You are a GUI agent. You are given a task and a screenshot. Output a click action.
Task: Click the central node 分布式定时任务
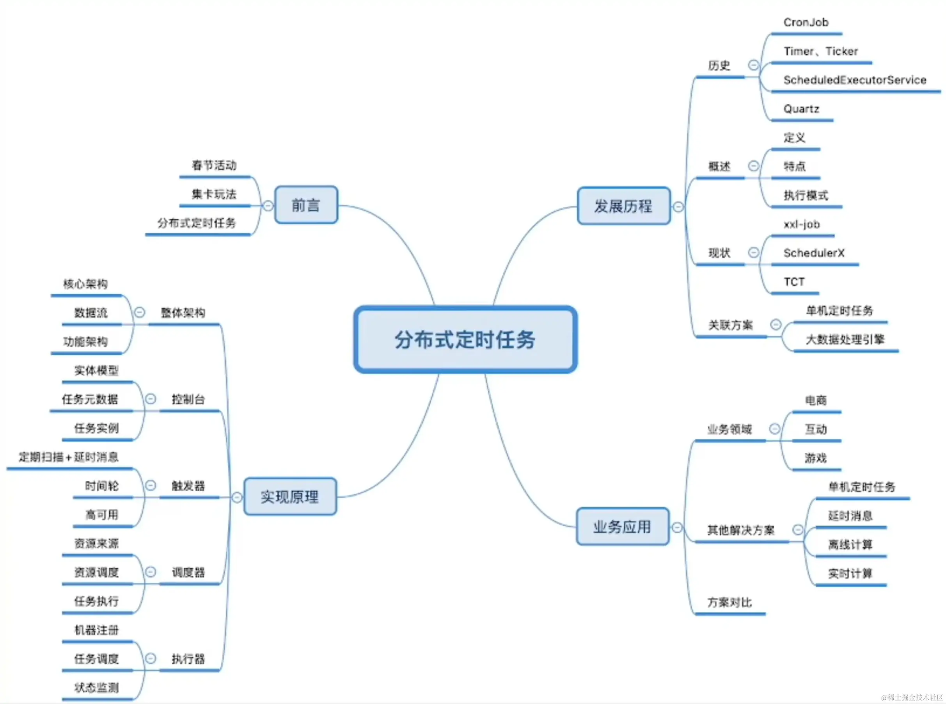point(465,340)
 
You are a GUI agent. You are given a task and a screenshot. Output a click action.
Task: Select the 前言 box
point(306,205)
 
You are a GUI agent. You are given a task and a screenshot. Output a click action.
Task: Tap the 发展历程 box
point(623,206)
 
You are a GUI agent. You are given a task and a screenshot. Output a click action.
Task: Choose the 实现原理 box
point(289,496)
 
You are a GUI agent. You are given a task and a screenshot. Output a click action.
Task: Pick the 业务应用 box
point(622,527)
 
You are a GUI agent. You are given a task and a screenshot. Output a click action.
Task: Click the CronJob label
point(806,22)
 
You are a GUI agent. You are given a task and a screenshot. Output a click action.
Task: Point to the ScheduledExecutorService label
point(854,80)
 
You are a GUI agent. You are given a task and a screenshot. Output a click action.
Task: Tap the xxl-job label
point(802,224)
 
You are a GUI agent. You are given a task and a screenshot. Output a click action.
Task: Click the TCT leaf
point(794,282)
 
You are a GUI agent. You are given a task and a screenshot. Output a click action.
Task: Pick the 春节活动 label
point(214,165)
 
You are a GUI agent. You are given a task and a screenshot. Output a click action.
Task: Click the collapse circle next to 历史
point(753,65)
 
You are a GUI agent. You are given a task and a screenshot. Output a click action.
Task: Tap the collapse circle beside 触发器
point(150,485)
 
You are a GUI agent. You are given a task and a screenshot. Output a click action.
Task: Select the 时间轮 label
point(102,486)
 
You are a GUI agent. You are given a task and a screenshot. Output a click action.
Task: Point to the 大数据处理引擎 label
point(845,340)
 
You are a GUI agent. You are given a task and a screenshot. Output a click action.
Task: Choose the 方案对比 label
point(729,602)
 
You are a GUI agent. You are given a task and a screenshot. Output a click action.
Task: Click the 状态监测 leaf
point(97,687)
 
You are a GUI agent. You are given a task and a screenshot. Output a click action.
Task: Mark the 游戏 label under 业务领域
point(816,458)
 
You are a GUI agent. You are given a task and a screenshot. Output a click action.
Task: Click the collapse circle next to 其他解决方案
point(798,529)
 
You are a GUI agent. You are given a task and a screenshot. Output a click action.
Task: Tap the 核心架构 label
point(85,284)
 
